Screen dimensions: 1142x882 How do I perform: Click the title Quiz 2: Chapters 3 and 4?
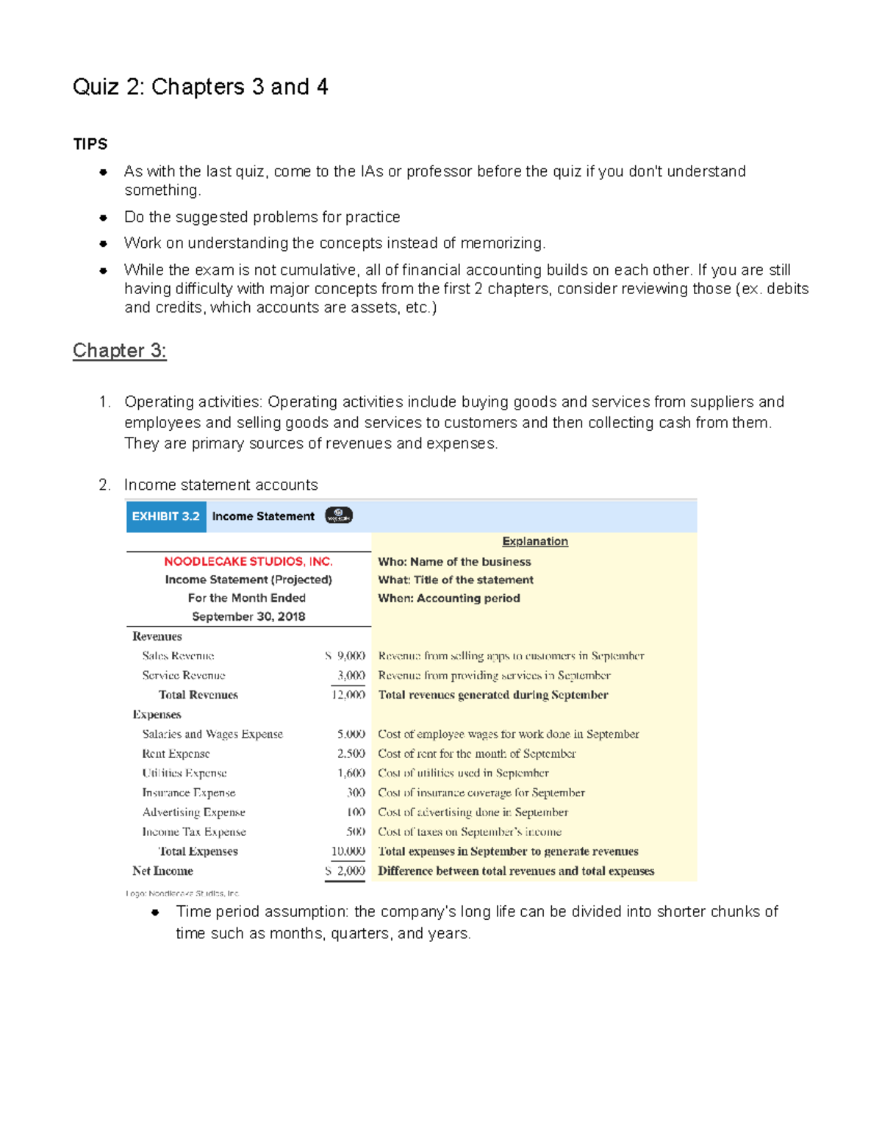200,87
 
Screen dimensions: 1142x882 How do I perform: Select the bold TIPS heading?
90,144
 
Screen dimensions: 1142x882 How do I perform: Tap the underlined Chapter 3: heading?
119,351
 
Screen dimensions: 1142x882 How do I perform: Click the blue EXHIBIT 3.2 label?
166,516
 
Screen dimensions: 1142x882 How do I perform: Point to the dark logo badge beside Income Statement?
339,515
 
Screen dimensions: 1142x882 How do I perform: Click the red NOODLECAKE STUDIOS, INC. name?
248,561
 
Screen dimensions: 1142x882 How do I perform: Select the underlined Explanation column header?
535,541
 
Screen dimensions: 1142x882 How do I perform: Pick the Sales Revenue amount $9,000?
345,655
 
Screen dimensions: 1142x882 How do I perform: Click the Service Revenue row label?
184,675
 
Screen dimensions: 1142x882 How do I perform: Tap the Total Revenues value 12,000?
348,694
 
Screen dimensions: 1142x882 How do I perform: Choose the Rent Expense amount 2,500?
351,753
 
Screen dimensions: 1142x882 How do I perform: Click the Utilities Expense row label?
184,773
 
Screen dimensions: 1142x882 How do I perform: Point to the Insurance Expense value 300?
356,792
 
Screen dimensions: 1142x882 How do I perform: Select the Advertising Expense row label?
194,812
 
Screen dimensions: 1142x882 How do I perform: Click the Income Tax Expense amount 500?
356,832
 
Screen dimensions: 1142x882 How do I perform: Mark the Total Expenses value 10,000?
348,851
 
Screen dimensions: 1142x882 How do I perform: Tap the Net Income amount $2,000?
345,871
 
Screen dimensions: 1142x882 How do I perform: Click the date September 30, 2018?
248,616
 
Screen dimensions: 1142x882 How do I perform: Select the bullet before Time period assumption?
155,913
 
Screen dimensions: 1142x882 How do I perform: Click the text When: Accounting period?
449,598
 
